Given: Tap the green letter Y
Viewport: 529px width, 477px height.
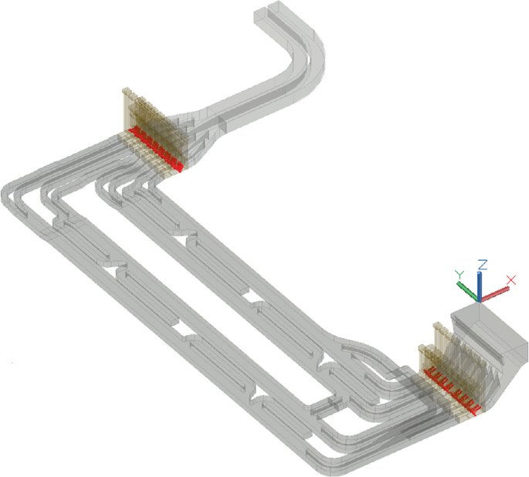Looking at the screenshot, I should point(458,274).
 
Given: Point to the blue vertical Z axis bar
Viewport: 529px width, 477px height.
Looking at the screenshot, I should point(480,285).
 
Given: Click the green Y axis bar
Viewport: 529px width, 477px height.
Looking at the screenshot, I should point(467,290).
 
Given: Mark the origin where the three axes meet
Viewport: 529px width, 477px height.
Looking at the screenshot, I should point(480,299).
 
